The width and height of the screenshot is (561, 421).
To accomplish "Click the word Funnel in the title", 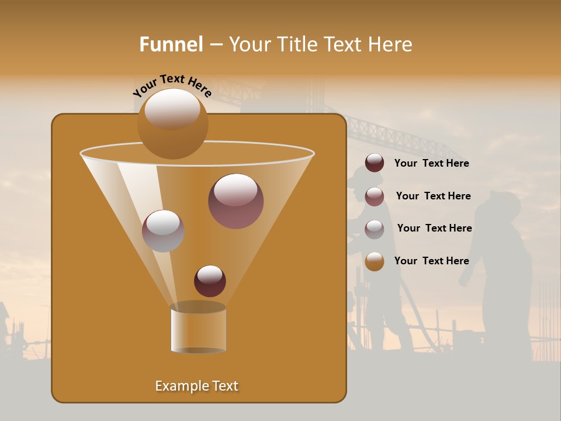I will pyautogui.click(x=171, y=44).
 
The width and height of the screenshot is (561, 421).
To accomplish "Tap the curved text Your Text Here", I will pyautogui.click(x=172, y=85).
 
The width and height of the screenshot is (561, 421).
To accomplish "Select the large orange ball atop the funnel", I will pyautogui.click(x=172, y=123).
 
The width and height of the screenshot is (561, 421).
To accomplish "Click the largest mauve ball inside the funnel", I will pyautogui.click(x=236, y=201).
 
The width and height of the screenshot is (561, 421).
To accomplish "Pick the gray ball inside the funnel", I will pyautogui.click(x=163, y=230).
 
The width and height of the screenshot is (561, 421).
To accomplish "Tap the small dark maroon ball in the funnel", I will pyautogui.click(x=210, y=281).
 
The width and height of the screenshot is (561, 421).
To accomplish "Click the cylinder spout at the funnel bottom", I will pyautogui.click(x=198, y=329).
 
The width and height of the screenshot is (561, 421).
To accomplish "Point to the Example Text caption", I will pyautogui.click(x=196, y=386).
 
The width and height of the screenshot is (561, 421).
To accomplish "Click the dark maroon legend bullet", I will pyautogui.click(x=375, y=163).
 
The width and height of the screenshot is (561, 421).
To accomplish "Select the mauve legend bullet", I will pyautogui.click(x=375, y=196).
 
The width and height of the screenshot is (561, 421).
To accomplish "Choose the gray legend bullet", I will pyautogui.click(x=375, y=229).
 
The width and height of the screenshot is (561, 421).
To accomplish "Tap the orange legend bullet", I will pyautogui.click(x=375, y=261).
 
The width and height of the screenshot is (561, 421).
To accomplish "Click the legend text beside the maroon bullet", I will pyautogui.click(x=431, y=164).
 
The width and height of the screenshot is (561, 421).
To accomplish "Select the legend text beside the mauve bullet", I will pyautogui.click(x=433, y=196).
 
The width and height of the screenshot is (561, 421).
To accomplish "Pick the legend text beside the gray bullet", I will pyautogui.click(x=434, y=229).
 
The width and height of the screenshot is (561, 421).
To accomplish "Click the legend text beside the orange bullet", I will pyautogui.click(x=431, y=261).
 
